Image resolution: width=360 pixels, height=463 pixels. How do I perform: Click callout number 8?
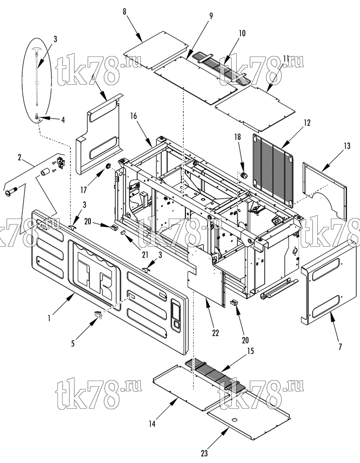[x=125, y=12]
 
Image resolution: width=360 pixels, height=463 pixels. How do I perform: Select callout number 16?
[x=134, y=116]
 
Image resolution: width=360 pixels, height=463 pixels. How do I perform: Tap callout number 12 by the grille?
[x=307, y=123]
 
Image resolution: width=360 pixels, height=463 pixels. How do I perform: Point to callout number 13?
[x=347, y=146]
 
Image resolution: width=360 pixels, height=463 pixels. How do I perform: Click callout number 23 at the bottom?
[x=204, y=453]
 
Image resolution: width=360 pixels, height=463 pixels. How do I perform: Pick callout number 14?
[x=152, y=424]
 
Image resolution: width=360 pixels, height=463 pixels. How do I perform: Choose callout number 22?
[x=215, y=333]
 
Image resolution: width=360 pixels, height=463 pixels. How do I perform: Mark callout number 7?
[x=340, y=346]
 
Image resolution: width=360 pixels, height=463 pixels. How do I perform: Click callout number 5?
[x=73, y=343]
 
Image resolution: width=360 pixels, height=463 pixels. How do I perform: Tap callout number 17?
[x=84, y=190]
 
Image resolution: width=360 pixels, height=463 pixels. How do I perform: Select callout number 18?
[x=237, y=137]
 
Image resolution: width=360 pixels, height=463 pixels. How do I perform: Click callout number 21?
[x=145, y=255]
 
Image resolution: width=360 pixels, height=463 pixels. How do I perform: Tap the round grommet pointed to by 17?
[x=108, y=166]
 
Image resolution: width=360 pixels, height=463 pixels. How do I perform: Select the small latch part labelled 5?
[x=98, y=315]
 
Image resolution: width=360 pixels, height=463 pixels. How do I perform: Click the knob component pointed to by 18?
[x=244, y=175]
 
